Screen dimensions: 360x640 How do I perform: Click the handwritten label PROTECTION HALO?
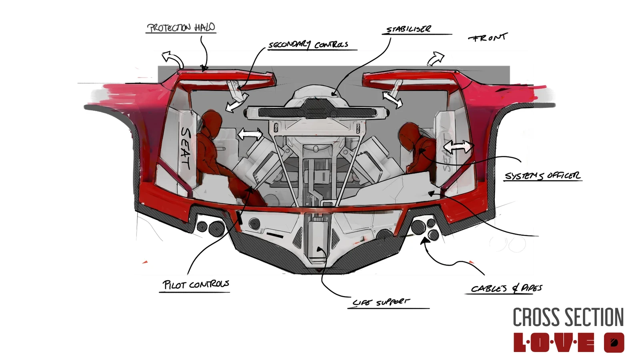[x=181, y=28]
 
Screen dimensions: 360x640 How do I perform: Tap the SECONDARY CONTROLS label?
[x=308, y=44]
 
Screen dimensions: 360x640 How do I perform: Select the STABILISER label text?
[x=408, y=29]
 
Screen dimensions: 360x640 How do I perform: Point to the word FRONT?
[x=487, y=38]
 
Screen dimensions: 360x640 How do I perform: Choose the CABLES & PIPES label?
[x=506, y=288]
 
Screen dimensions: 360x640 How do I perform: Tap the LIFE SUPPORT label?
[x=381, y=302]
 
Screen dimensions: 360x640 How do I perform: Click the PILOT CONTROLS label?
[x=196, y=284]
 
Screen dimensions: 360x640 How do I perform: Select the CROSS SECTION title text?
[x=568, y=317]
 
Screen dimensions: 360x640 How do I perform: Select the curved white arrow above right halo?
[x=436, y=58]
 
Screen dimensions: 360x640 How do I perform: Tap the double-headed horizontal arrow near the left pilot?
[x=250, y=134]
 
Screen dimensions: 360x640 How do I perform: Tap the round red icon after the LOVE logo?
[x=614, y=342]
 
